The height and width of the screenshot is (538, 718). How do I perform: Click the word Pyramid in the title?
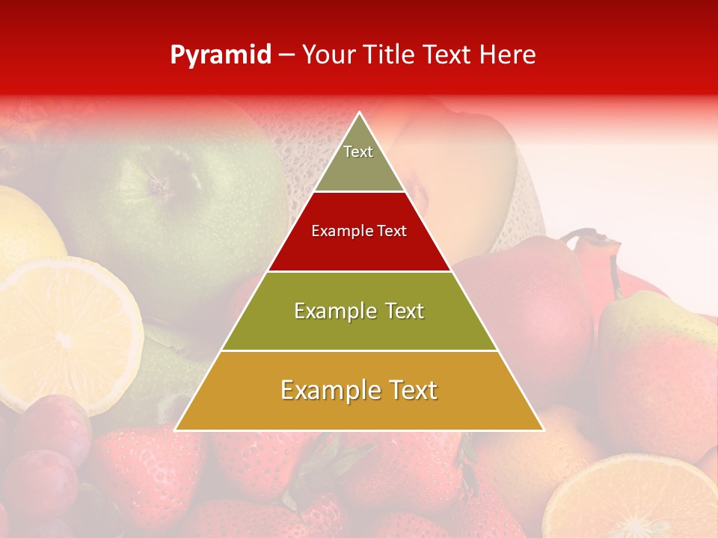click(x=221, y=55)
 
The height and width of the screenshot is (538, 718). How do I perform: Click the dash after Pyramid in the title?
click(x=286, y=55)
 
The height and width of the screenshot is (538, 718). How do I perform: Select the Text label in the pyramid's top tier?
click(x=358, y=152)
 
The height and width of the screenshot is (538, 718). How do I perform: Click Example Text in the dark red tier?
click(x=359, y=231)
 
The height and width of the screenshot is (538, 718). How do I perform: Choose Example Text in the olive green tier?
click(x=359, y=311)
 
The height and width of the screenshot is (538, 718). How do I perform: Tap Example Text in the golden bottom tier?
click(x=359, y=390)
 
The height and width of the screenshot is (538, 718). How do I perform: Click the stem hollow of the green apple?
click(x=159, y=181)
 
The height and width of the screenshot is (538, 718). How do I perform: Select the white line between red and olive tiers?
click(x=359, y=271)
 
